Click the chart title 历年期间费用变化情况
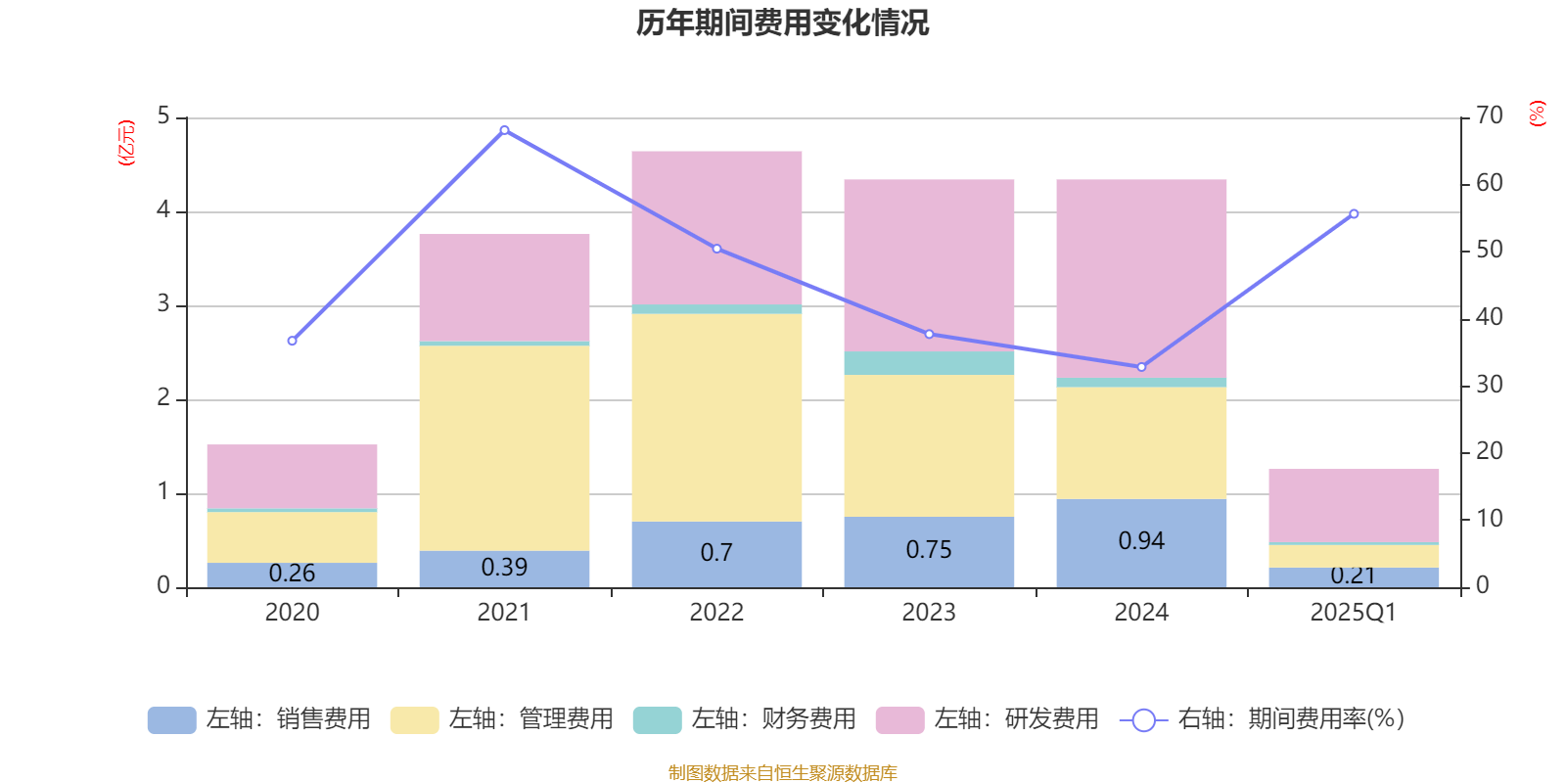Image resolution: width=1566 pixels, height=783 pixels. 782,23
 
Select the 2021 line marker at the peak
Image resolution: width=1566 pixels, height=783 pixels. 504,130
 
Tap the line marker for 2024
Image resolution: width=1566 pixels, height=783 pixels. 1141,367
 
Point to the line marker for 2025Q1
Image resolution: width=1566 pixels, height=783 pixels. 1354,213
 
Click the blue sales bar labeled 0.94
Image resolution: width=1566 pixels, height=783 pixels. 1141,542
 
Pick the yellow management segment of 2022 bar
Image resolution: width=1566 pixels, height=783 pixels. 716,417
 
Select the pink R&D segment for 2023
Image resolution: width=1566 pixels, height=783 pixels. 929,264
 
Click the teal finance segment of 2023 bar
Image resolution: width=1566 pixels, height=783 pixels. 929,363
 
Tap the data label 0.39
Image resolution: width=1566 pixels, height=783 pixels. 504,568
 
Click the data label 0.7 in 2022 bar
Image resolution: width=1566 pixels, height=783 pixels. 716,553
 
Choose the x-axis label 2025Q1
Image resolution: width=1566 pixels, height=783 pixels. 1353,613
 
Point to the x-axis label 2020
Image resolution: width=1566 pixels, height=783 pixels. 292,613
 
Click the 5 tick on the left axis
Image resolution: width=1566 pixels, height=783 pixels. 163,116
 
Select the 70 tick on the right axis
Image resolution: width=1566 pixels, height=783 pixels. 1489,116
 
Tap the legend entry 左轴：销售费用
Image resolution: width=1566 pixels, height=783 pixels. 260,719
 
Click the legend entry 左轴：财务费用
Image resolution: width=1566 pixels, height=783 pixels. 746,719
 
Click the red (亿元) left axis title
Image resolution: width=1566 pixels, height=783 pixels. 126,143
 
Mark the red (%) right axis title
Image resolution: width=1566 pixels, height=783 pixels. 1537,114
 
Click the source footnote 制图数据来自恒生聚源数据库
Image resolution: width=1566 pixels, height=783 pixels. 782,773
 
